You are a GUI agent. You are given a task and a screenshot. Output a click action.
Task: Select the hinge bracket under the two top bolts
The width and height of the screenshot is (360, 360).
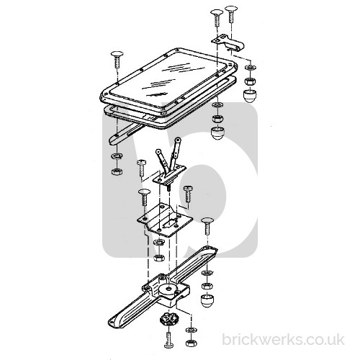[x=228, y=42]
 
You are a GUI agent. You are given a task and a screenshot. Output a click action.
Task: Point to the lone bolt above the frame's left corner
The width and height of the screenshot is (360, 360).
[x=117, y=60]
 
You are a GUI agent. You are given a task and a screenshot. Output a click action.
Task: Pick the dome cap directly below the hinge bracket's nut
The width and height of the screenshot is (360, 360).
[x=250, y=95]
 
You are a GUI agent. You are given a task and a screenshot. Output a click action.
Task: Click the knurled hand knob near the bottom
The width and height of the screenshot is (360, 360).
[x=166, y=320]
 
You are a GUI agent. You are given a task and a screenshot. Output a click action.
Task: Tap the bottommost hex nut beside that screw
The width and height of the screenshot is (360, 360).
[x=191, y=343]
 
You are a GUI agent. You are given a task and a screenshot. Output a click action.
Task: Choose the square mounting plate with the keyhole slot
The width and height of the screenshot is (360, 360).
[x=165, y=220]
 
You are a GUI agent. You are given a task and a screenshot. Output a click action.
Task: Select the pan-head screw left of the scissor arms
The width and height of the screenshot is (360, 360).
[x=141, y=168]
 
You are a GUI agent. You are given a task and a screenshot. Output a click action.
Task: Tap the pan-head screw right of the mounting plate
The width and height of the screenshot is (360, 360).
[x=188, y=194]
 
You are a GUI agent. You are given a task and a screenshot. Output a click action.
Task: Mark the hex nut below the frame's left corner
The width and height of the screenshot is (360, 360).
[x=117, y=171]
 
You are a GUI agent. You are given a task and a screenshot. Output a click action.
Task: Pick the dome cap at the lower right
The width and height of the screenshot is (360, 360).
[x=207, y=300]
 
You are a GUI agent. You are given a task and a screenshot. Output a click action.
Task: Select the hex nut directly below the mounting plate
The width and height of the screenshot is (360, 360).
[x=158, y=258]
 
